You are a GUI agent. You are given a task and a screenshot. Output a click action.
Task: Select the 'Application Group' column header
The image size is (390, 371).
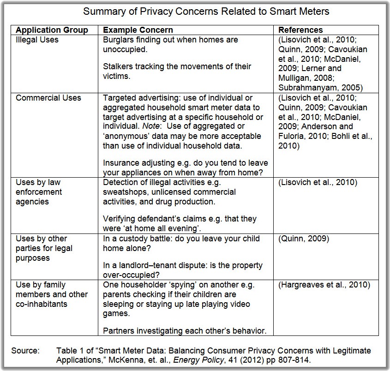click(x=52, y=30)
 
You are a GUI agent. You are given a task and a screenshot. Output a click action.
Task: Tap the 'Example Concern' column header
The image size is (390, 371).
click(x=138, y=30)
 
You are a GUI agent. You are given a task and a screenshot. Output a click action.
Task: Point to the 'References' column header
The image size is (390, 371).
click(x=300, y=30)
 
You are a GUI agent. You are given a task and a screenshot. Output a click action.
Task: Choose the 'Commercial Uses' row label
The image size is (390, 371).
click(x=48, y=98)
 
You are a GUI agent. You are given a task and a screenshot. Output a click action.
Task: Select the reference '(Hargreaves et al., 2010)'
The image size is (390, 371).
click(x=324, y=285)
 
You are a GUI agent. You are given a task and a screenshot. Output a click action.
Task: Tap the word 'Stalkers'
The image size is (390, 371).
click(x=119, y=66)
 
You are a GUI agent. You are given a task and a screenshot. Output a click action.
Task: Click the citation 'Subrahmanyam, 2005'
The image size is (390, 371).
click(x=317, y=87)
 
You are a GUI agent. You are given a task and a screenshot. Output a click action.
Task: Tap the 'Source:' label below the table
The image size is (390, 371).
click(x=26, y=351)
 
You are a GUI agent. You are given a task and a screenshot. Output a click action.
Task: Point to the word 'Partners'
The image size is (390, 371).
click(x=118, y=330)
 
